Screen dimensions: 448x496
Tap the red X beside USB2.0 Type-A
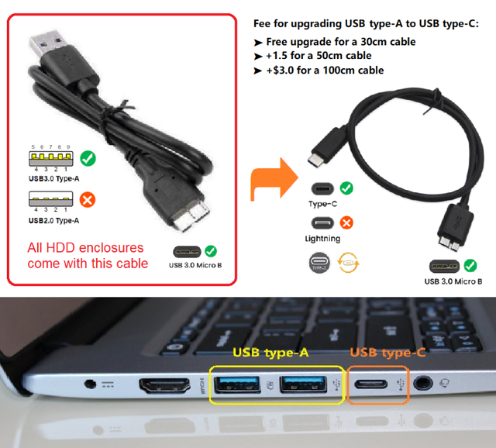point(88,200)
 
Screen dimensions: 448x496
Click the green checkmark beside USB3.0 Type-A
point(88,160)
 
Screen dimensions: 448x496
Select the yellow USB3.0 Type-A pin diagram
point(51,160)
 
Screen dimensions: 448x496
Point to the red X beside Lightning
point(346,222)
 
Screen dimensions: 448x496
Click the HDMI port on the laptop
point(164,385)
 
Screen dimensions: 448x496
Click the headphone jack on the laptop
point(423,382)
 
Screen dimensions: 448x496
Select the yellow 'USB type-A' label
point(271,353)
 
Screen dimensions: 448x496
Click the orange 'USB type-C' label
point(387,353)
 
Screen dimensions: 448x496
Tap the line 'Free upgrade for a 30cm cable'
point(340,42)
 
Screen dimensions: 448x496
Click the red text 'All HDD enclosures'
point(85,248)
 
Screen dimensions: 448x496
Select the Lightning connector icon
point(322,222)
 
